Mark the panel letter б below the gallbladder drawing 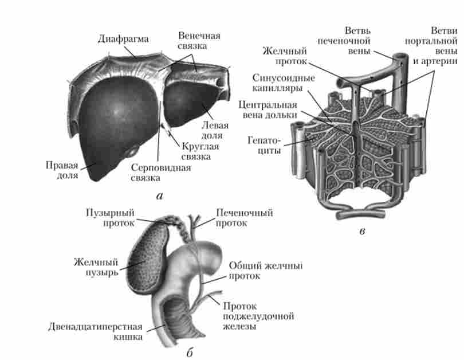(x=190, y=351)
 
